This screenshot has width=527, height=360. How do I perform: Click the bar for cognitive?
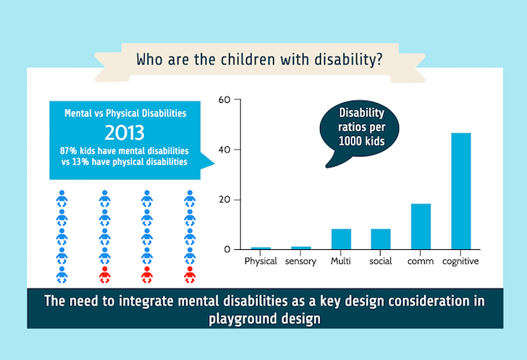[461, 191]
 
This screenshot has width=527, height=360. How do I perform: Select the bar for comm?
[421, 226]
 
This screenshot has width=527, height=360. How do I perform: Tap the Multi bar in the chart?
[341, 239]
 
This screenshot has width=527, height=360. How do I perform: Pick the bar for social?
[381, 239]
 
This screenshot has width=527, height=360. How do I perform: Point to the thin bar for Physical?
[261, 248]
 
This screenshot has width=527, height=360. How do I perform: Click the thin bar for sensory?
[300, 248]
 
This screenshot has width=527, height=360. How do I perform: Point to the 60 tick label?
[224, 100]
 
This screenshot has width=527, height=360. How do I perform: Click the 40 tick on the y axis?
[224, 150]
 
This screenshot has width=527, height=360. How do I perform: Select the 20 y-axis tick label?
[224, 200]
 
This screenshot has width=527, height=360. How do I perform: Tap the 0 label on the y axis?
[227, 249]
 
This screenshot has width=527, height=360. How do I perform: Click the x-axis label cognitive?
[460, 261]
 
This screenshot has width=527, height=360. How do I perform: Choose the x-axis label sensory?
[300, 261]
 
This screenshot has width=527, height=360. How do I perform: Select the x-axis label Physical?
[261, 261]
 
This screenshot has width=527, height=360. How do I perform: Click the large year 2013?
[124, 133]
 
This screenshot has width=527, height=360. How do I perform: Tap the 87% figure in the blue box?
[68, 151]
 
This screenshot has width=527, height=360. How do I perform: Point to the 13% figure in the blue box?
[81, 162]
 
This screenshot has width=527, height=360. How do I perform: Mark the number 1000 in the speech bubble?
[351, 141]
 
